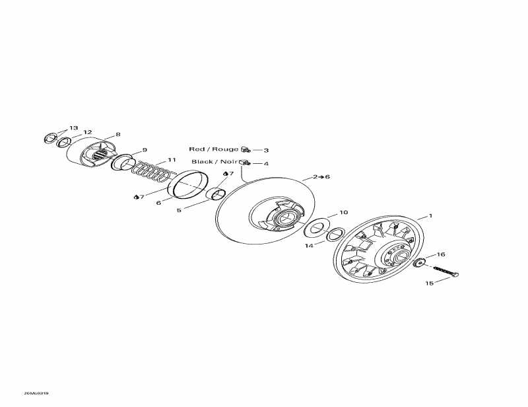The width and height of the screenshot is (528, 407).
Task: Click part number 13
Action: [x=73, y=128]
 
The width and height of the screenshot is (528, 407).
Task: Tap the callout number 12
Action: [x=88, y=131]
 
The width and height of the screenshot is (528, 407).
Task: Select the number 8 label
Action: [x=117, y=135]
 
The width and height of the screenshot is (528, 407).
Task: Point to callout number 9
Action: [x=145, y=149]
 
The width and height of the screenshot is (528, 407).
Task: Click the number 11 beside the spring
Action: [x=172, y=160]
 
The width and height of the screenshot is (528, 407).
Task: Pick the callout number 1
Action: [x=430, y=215]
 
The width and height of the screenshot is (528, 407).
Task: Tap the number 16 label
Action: [x=441, y=254]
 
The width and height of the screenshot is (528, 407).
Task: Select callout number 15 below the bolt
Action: [x=429, y=283]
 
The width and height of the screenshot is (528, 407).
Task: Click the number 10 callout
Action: [x=343, y=213]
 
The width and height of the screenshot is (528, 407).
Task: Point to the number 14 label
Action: [x=309, y=245]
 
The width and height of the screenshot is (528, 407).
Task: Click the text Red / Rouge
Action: [x=214, y=149]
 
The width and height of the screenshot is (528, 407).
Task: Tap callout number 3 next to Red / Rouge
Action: [x=266, y=151]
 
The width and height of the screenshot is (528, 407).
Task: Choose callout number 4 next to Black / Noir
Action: [x=266, y=163]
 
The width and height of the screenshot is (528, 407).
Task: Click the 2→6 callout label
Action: [x=321, y=176]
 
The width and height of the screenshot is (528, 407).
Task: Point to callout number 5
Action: [x=178, y=211]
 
